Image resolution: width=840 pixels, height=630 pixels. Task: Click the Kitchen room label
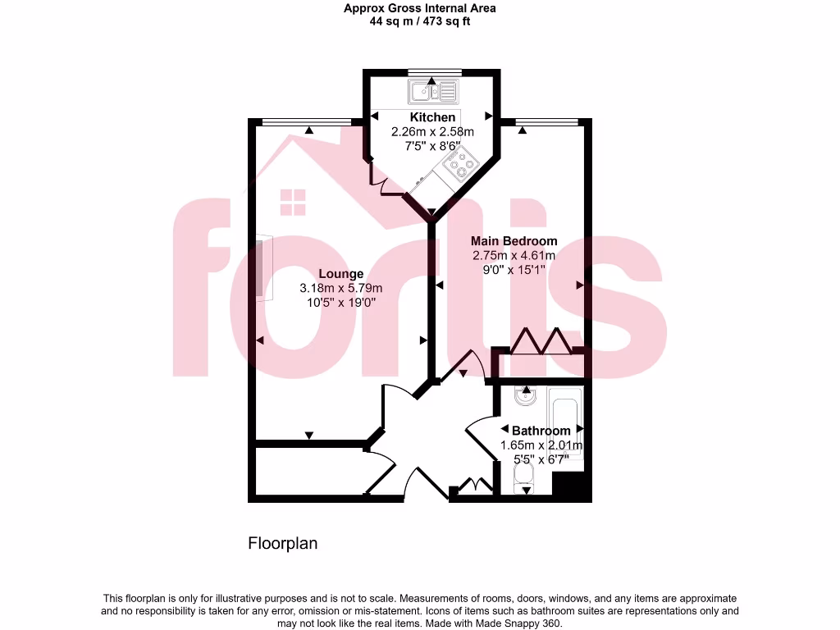pos(432,117)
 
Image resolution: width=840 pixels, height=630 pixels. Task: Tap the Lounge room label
pos(340,274)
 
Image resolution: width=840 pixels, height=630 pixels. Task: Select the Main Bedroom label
pos(514,241)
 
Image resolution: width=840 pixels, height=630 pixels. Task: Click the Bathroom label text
pos(541,431)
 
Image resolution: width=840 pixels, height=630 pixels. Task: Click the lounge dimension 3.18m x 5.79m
pos(340,288)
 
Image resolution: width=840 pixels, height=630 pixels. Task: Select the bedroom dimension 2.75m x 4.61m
pos(514,255)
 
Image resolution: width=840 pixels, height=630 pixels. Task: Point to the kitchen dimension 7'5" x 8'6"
pos(432,145)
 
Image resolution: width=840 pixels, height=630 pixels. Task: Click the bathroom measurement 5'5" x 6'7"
pos(541,459)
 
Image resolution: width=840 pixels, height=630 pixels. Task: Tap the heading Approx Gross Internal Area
pos(419,8)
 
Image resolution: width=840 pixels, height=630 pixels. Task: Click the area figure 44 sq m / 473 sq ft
pos(419,22)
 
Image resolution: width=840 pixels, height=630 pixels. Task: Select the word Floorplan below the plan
pos(282,543)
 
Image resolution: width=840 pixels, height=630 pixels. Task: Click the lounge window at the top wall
pos(306,122)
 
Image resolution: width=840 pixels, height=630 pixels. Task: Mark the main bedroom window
pos(547,122)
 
